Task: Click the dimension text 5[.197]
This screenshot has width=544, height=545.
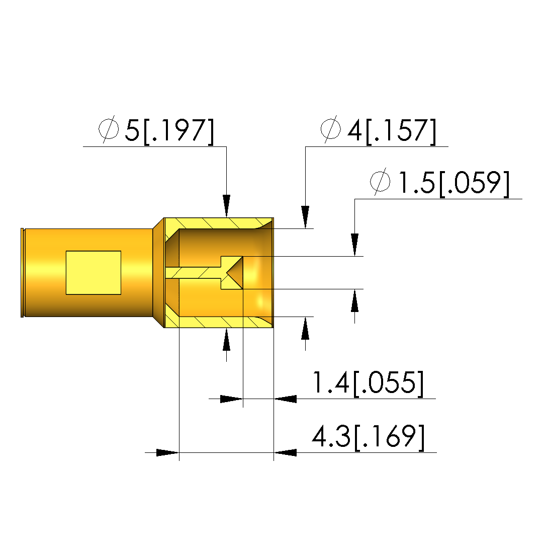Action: [x=169, y=131]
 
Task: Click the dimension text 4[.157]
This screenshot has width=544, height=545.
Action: [x=392, y=131]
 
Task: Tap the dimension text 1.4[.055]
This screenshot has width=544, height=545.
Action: [x=368, y=383]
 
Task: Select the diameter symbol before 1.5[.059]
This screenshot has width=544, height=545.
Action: [x=381, y=182]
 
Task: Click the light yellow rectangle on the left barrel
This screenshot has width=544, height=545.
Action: [x=94, y=273]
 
